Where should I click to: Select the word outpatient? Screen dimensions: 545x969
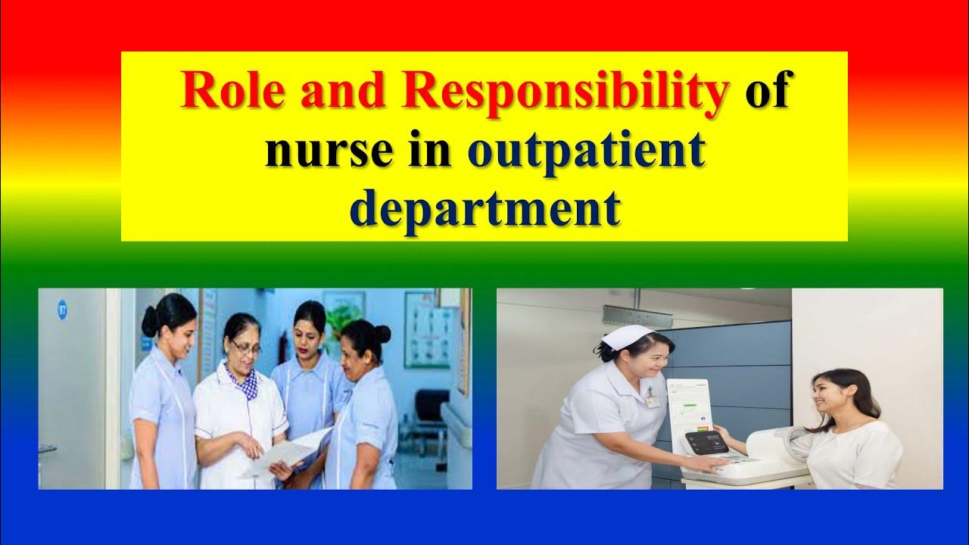click(x=587, y=151)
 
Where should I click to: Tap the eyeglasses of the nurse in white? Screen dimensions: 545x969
click(x=246, y=347)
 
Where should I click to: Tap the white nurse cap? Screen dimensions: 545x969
click(x=626, y=335)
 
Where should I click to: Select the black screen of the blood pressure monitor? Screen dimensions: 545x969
click(x=706, y=442)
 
